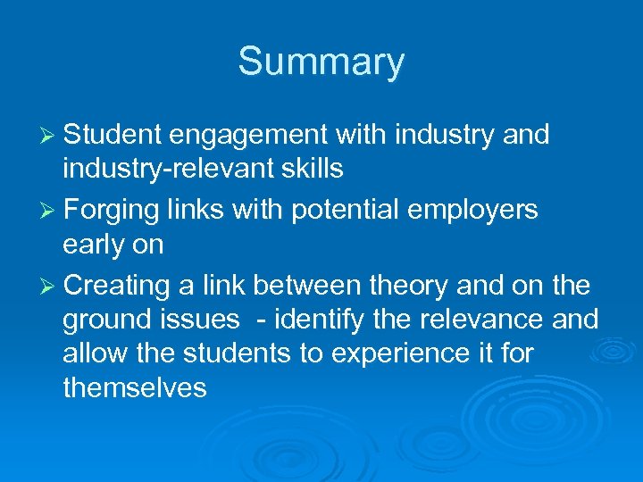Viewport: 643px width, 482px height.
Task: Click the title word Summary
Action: (321, 62)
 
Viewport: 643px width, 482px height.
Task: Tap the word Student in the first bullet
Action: (113, 135)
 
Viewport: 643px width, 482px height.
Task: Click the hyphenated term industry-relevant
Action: (174, 167)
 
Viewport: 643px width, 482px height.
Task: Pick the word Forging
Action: (112, 211)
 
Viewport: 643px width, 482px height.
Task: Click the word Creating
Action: (117, 286)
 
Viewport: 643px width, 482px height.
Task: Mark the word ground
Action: (106, 319)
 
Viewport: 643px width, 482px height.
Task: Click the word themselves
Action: (135, 387)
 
